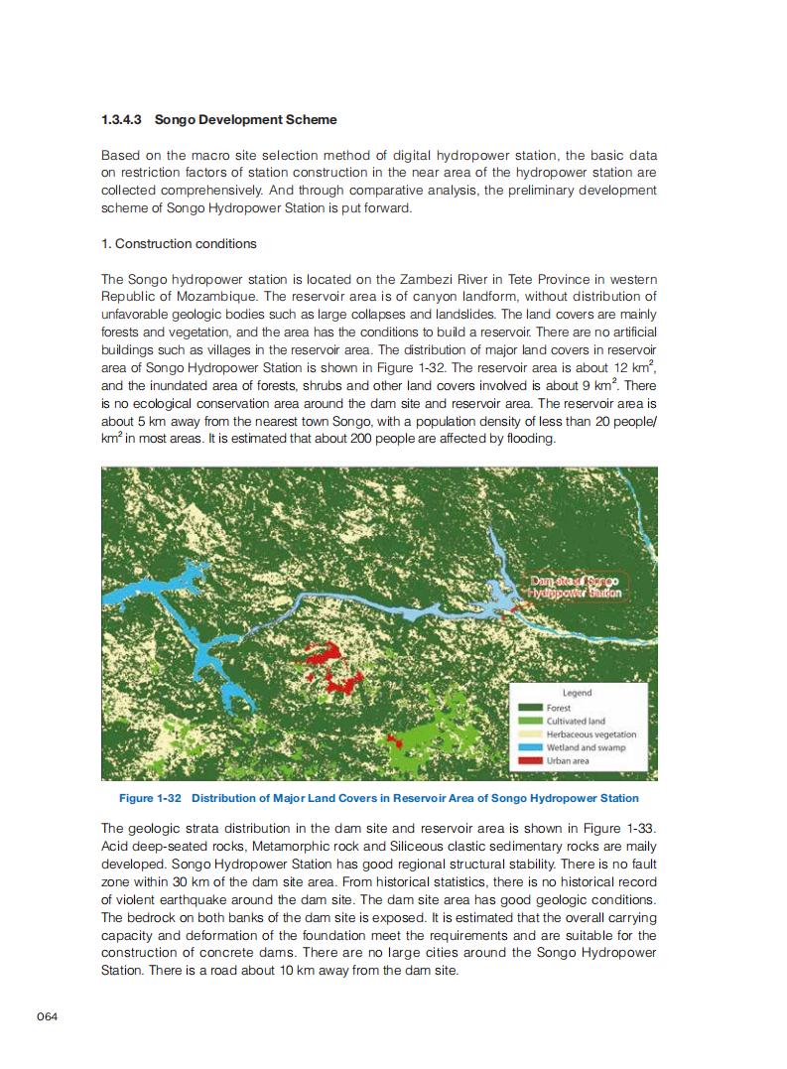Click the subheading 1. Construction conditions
click(179, 243)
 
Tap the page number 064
click(49, 1014)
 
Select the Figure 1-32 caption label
click(149, 798)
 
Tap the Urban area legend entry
click(568, 760)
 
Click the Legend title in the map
click(577, 693)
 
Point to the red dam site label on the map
click(576, 586)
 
